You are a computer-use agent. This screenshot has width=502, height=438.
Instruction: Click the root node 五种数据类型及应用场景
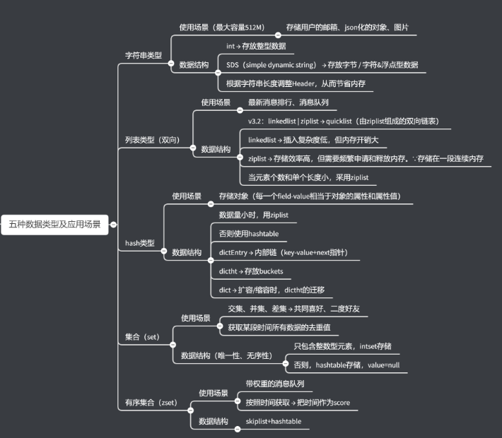point(54,225)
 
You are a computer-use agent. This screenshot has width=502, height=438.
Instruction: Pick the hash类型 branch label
point(139,243)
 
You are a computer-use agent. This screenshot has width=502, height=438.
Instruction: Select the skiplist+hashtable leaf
point(274,421)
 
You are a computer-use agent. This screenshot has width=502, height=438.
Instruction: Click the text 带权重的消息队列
point(275,384)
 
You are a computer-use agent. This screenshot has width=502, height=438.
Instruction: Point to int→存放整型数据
point(256,46)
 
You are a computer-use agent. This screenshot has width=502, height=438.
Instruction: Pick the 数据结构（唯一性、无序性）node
point(226,355)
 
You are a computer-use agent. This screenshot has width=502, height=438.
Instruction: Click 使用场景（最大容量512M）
point(221,28)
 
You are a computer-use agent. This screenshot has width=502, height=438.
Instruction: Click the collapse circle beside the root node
point(113,225)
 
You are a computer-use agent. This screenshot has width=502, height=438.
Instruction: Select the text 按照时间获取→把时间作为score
point(298,403)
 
